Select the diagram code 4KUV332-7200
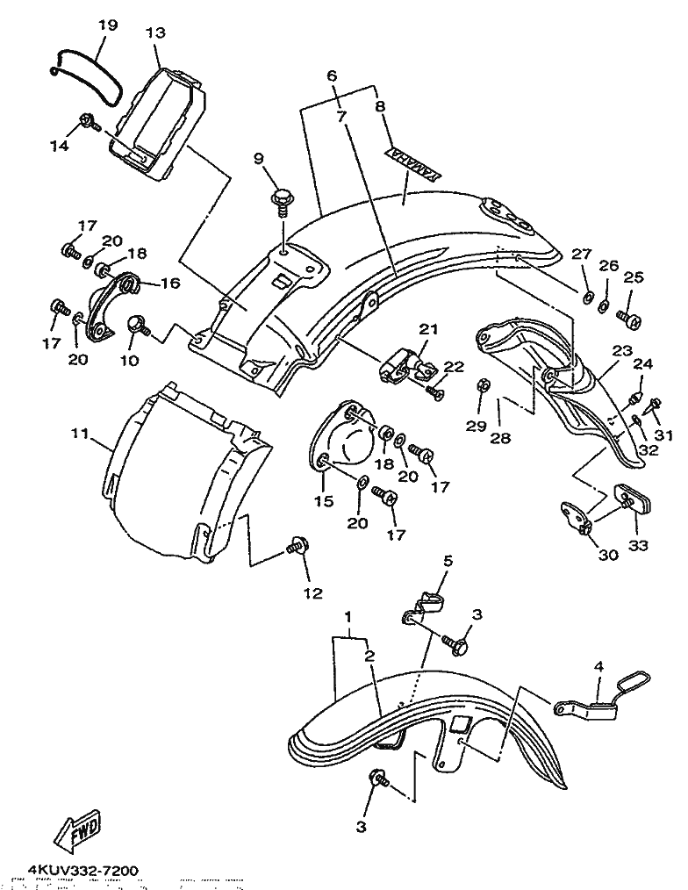(x=82, y=871)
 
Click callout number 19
(x=107, y=25)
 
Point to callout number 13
(x=155, y=33)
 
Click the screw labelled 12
(x=295, y=549)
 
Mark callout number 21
(x=427, y=329)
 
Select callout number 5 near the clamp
(x=447, y=560)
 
